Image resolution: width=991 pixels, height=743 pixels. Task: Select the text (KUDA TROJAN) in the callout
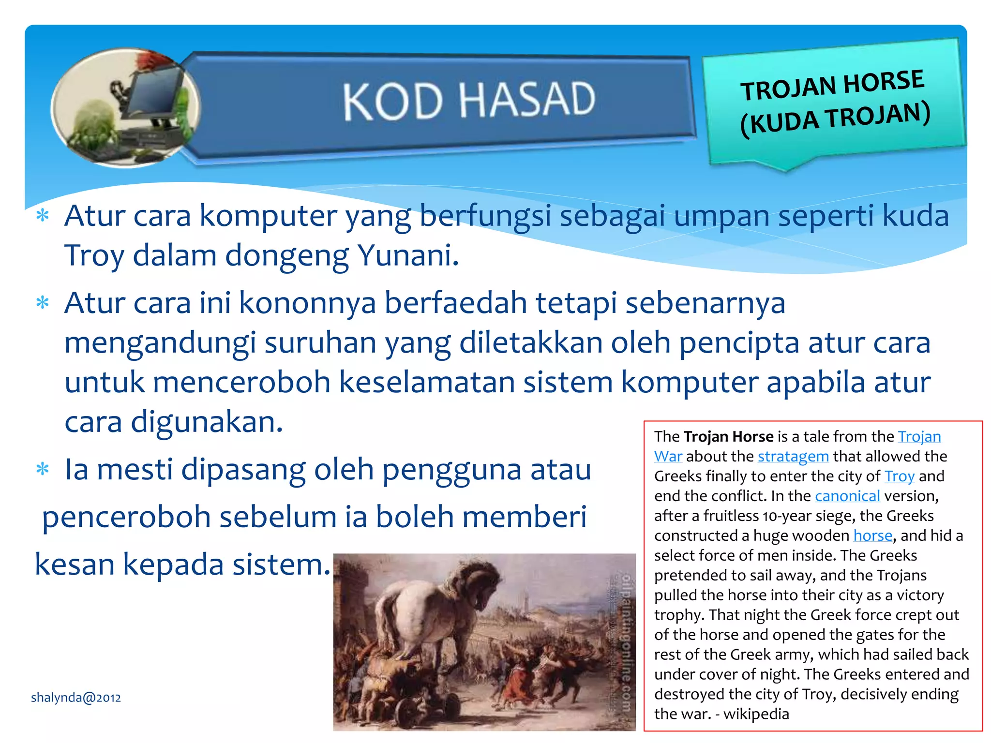coord(835,119)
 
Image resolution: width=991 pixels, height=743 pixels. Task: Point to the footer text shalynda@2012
coord(76,698)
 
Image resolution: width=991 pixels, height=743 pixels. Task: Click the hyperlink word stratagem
coord(793,456)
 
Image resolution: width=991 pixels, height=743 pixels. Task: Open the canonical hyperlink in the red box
coord(847,496)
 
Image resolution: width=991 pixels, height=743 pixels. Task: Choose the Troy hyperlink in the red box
coord(900,476)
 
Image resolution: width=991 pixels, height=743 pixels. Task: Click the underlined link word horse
coord(872,535)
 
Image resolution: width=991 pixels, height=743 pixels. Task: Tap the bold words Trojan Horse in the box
coord(728,436)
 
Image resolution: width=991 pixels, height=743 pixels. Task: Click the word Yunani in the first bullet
coord(407,255)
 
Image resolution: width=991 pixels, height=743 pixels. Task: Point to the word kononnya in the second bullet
coord(307,303)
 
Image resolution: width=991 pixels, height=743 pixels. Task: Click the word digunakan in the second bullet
coord(207,422)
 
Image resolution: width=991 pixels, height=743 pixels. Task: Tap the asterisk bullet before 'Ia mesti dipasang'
coord(43,470)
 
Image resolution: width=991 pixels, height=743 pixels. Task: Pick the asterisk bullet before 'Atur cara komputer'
coord(43,215)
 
